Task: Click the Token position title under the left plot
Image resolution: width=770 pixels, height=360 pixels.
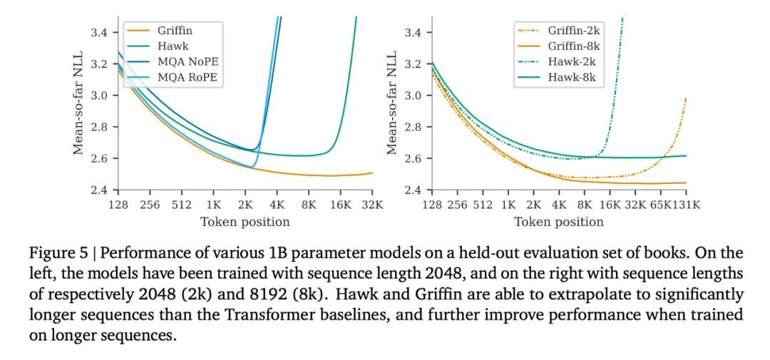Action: pos(244,222)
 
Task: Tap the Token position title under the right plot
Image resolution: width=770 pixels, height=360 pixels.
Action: pos(559,222)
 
